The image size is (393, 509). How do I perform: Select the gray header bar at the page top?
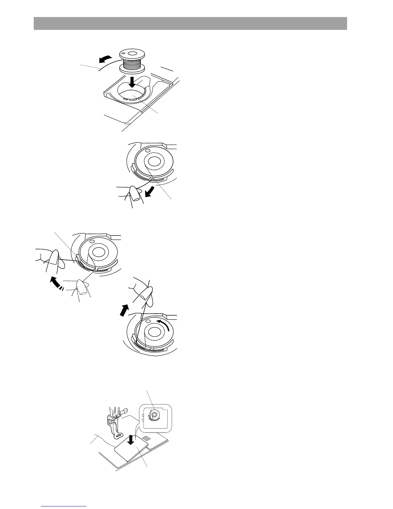pos(190,23)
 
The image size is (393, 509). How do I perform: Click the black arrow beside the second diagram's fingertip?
pos(149,192)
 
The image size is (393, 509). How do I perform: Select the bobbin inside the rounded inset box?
pos(154,415)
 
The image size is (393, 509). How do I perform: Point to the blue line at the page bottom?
pos(64,507)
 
